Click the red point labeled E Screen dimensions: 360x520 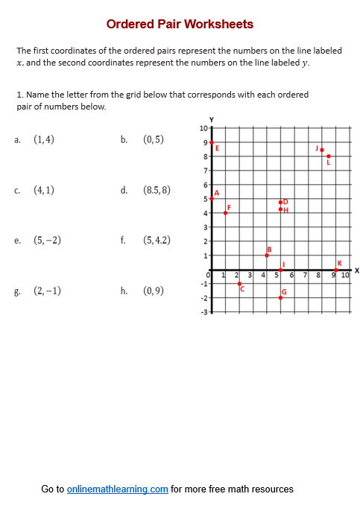point(212,142)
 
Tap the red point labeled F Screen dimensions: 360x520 point(225,213)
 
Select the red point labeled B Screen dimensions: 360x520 point(267,256)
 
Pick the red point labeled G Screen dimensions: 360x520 point(280,297)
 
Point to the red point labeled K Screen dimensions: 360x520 point(336,270)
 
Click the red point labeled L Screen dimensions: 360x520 point(329,156)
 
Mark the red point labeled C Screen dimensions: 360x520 point(239,284)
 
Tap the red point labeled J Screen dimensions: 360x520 point(322,150)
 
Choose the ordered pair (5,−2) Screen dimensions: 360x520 point(48,241)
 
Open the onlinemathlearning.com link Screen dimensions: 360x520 point(117,489)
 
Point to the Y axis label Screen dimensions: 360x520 point(212,119)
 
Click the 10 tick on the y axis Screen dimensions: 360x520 point(204,128)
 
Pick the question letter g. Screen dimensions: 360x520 point(16,291)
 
